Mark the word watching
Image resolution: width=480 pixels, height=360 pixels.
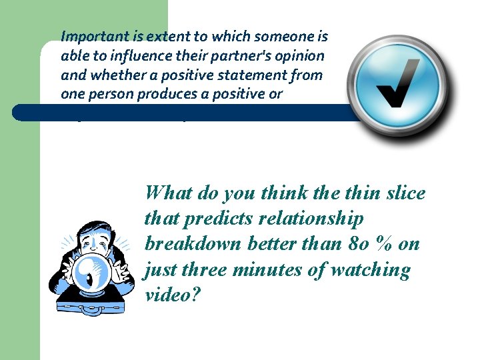(x=369, y=270)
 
